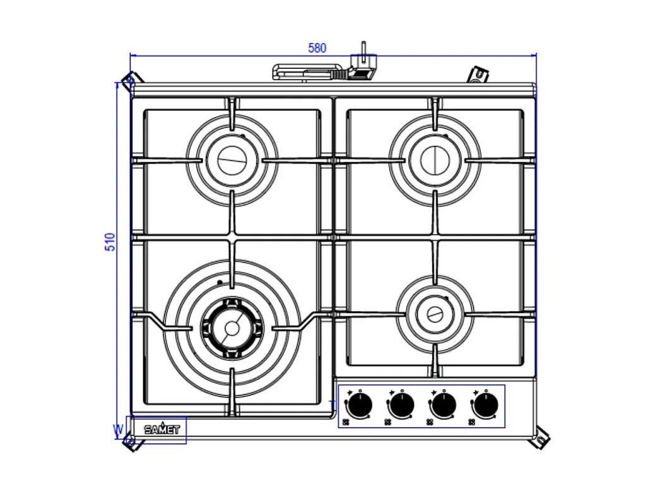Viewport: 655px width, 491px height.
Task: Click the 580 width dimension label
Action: tap(317, 48)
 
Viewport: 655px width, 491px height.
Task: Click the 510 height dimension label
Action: tap(110, 242)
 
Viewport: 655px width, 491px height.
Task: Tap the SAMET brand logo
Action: tap(162, 430)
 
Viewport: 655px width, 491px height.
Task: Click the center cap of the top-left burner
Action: tap(232, 160)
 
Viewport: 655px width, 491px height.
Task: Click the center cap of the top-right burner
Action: tap(435, 160)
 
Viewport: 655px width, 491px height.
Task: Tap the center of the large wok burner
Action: tap(232, 328)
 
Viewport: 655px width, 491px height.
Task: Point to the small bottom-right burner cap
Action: tap(435, 314)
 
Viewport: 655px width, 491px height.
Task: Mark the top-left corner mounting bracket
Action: tap(131, 81)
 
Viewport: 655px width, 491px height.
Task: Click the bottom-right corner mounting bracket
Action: tap(540, 438)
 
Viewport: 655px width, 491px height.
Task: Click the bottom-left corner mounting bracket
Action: tap(131, 442)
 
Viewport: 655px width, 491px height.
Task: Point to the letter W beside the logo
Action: tap(117, 430)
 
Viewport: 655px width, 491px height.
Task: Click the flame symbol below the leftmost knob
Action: tap(346, 422)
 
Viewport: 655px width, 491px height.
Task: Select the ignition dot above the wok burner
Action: tap(219, 282)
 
